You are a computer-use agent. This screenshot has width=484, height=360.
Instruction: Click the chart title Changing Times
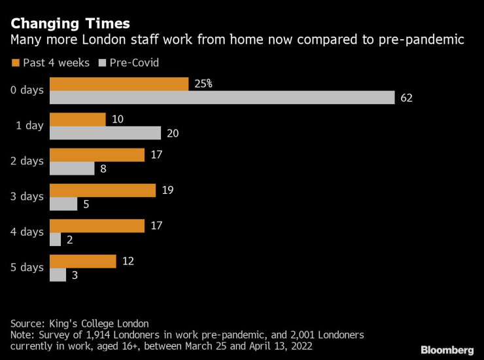[x=71, y=24]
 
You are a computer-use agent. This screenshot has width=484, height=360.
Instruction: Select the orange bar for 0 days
[x=119, y=84]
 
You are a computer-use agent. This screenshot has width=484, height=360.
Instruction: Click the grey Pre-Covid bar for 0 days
[x=222, y=98]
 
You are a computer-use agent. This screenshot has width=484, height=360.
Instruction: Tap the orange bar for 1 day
[x=77, y=119]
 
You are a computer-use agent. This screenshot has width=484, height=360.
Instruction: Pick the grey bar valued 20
[x=105, y=133]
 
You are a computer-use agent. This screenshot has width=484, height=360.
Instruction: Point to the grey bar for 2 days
[x=72, y=168]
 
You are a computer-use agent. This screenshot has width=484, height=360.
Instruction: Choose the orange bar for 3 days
[x=102, y=190]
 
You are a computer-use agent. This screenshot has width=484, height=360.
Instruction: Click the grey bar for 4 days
[x=55, y=240]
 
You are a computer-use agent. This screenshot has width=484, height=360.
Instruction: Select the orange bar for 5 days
[x=82, y=261]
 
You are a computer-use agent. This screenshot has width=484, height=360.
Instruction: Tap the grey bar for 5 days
[x=58, y=275]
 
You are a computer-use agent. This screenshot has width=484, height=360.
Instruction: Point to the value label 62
[x=407, y=98]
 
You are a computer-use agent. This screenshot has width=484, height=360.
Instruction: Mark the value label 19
[x=167, y=190]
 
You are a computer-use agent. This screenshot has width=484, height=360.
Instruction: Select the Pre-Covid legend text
[x=133, y=63]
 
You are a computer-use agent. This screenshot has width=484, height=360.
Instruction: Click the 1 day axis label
[x=29, y=126]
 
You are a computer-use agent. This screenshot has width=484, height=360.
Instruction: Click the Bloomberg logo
[x=447, y=350]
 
